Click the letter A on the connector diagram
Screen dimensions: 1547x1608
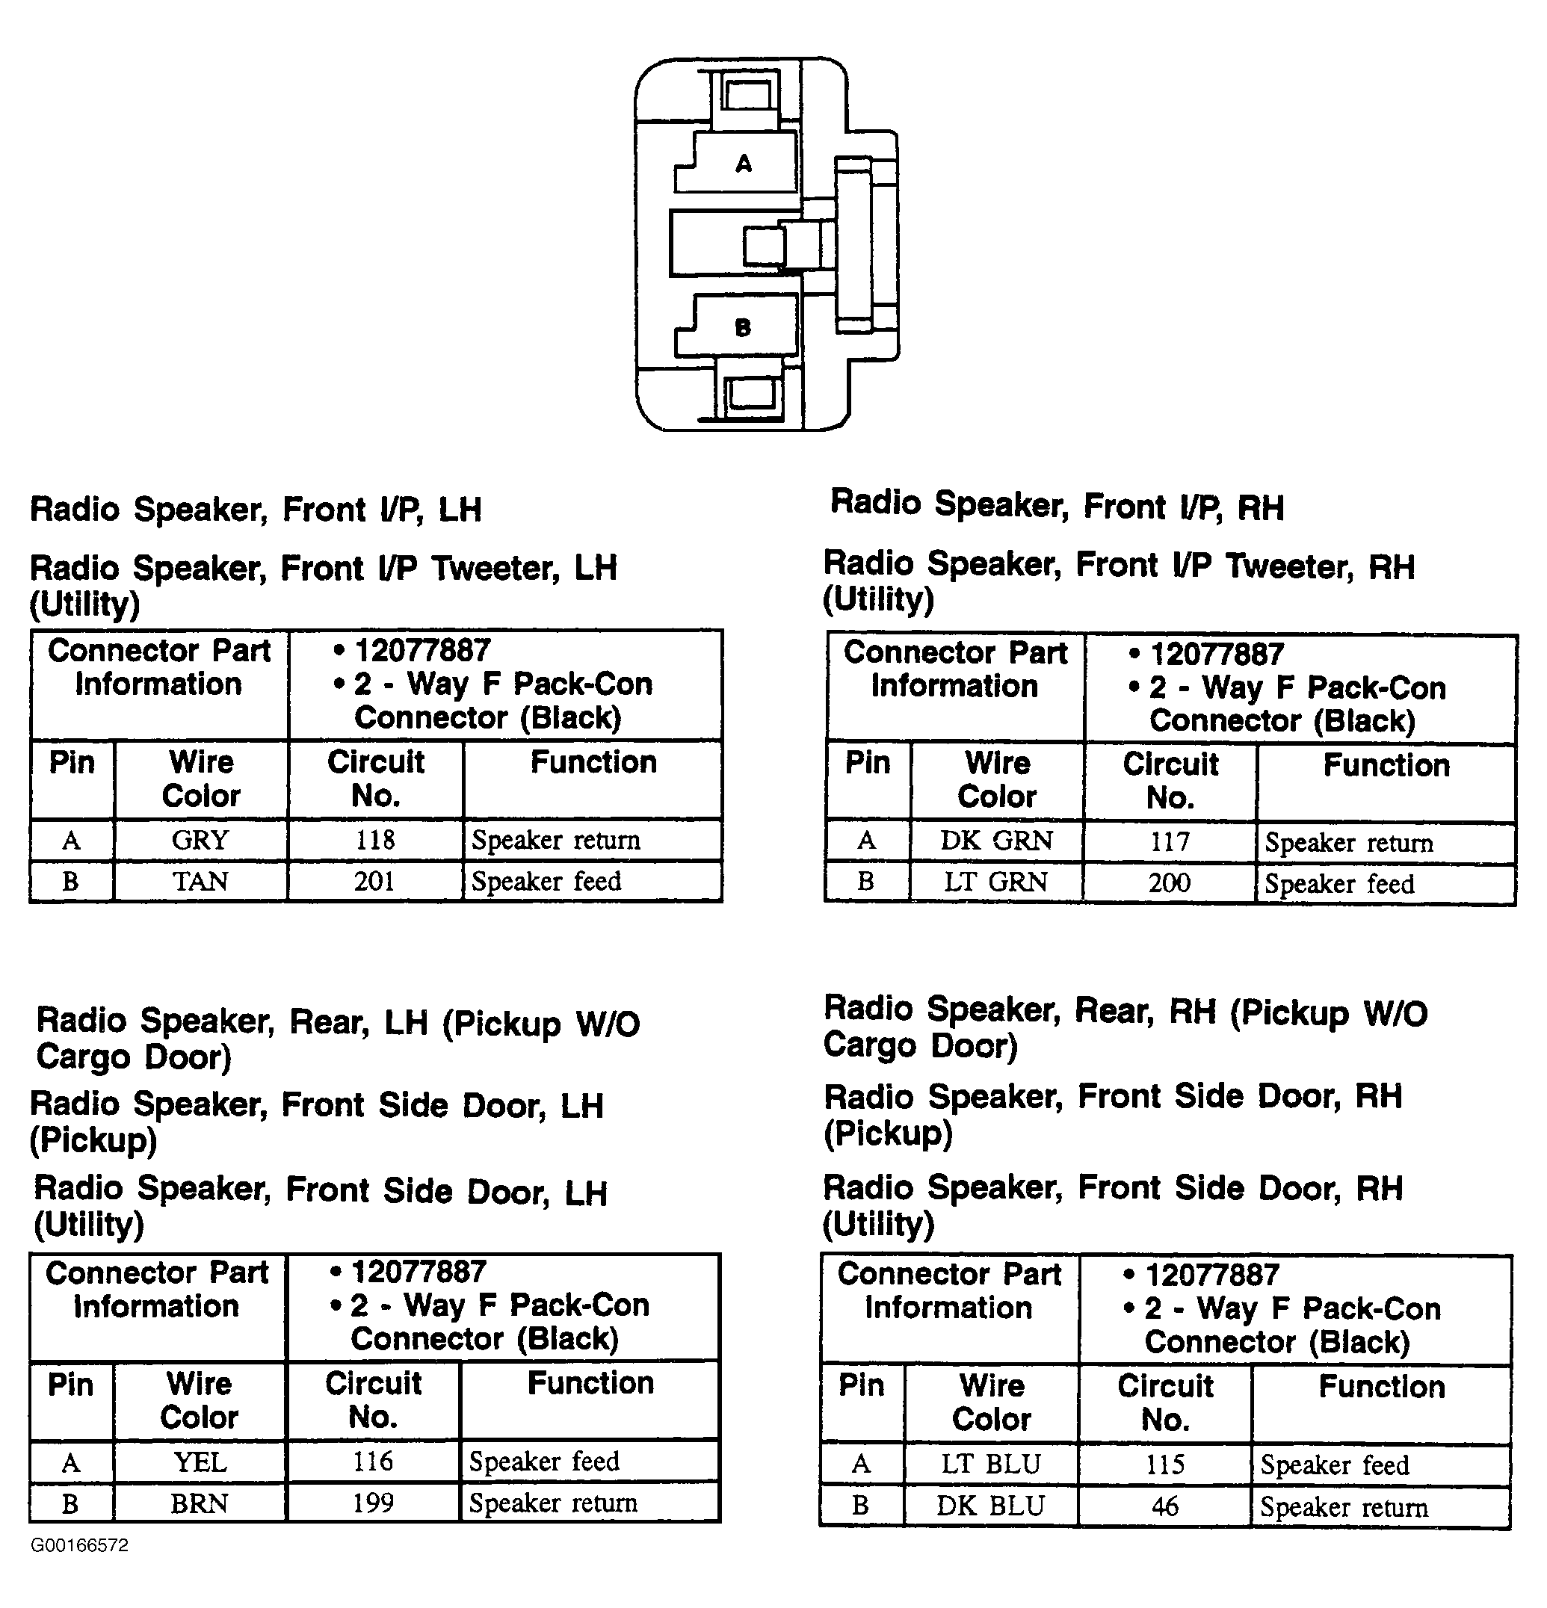click(x=744, y=164)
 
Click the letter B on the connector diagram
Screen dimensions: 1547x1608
click(x=743, y=328)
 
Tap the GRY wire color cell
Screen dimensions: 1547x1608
click(x=200, y=840)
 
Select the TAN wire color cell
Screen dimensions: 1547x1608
click(x=200, y=882)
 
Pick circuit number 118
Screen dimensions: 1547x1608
click(x=374, y=840)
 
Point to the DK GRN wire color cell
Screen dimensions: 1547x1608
click(x=996, y=841)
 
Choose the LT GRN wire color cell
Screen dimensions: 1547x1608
click(x=996, y=882)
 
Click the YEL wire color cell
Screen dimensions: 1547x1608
click(x=200, y=1463)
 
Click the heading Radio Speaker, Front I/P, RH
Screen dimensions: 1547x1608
click(x=1057, y=506)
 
